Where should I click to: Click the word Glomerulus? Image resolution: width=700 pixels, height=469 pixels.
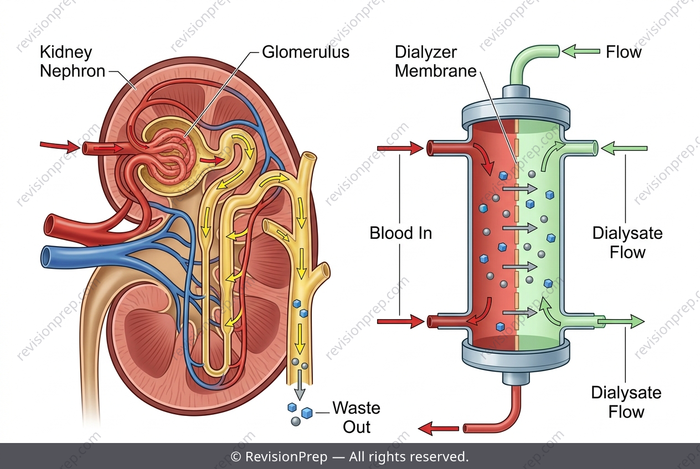[x=305, y=52]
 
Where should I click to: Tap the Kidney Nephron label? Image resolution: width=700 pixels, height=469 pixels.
[x=73, y=61]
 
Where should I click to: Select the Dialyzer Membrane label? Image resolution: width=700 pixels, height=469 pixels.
[x=435, y=61]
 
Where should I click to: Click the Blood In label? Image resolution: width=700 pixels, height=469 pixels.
[x=400, y=233]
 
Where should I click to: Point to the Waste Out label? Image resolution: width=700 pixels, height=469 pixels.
[x=356, y=417]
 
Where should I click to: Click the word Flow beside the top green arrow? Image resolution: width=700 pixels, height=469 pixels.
[x=624, y=52]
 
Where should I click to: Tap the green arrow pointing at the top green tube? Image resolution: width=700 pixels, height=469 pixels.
[x=581, y=51]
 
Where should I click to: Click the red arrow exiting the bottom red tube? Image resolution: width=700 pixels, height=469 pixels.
[x=438, y=429]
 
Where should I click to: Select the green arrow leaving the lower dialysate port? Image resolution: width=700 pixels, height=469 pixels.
[x=621, y=321]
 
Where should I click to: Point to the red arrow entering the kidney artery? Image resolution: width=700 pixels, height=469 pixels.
[x=60, y=146]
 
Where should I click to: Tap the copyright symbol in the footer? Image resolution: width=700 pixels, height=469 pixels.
[x=235, y=457]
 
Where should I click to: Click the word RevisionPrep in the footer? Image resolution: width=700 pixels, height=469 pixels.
[x=286, y=457]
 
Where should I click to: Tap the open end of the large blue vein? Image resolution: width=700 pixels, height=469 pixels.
[x=48, y=257]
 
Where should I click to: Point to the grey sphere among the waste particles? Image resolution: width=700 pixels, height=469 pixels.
[x=296, y=421]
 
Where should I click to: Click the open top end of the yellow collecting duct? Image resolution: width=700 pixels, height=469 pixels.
[x=310, y=156]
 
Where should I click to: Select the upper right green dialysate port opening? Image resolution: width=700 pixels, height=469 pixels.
[x=595, y=148]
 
